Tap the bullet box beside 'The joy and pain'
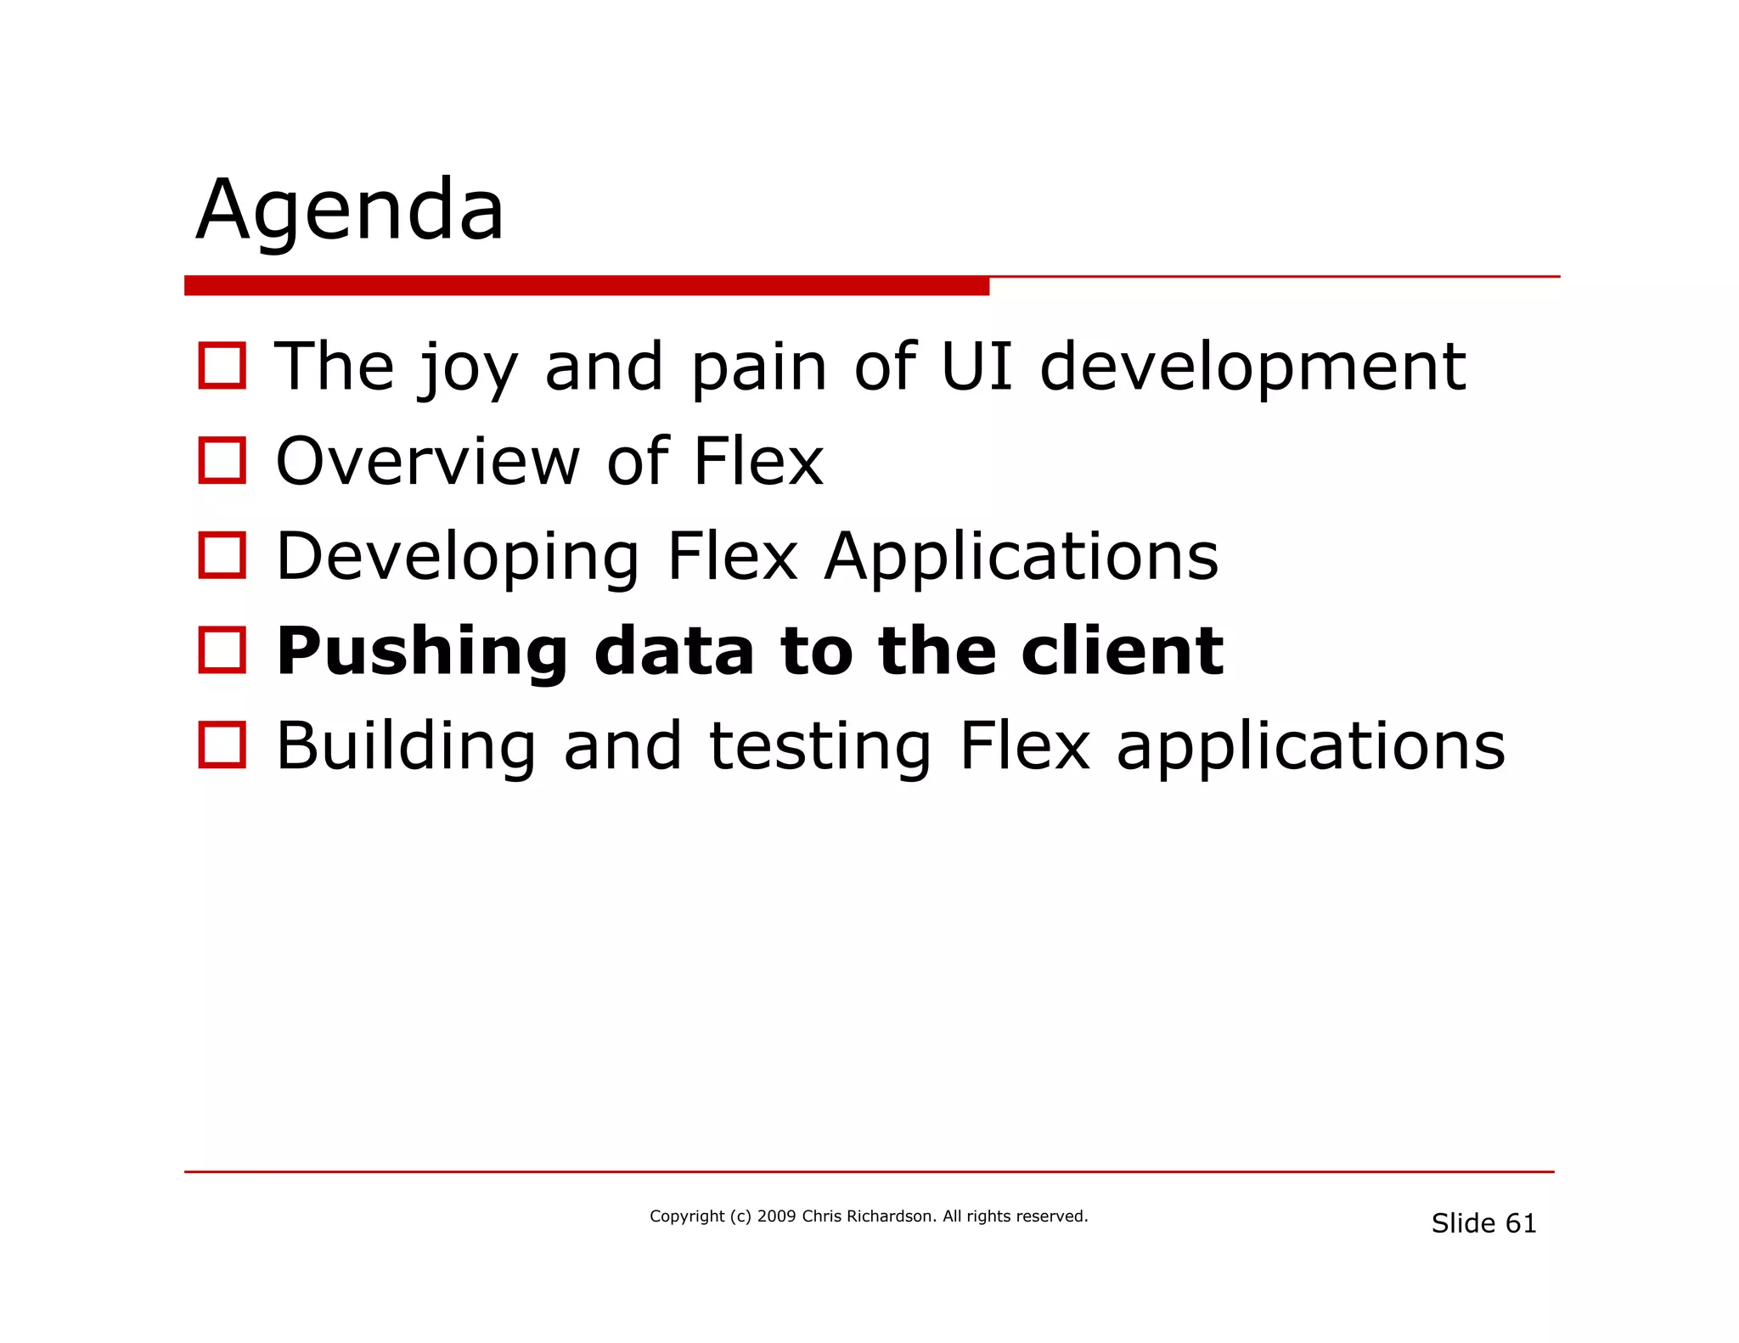pyautogui.click(x=222, y=366)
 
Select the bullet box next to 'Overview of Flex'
pyautogui.click(x=222, y=460)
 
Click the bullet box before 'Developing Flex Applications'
pyautogui.click(x=222, y=555)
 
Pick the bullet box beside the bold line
pyautogui.click(x=222, y=650)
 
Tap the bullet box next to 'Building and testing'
pyautogui.click(x=222, y=745)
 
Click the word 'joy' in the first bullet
pyautogui.click(x=468, y=368)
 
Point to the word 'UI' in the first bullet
pyautogui.click(x=976, y=367)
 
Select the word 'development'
pyautogui.click(x=1252, y=368)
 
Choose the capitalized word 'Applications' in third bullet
pyautogui.click(x=1021, y=558)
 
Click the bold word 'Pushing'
pyautogui.click(x=422, y=652)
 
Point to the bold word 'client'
pyautogui.click(x=1122, y=651)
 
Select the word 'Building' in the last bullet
pyautogui.click(x=406, y=747)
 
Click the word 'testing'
pyautogui.click(x=820, y=747)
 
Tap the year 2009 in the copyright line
pyautogui.click(x=776, y=1217)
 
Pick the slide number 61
pyautogui.click(x=1520, y=1223)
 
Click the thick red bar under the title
pyautogui.click(x=586, y=286)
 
